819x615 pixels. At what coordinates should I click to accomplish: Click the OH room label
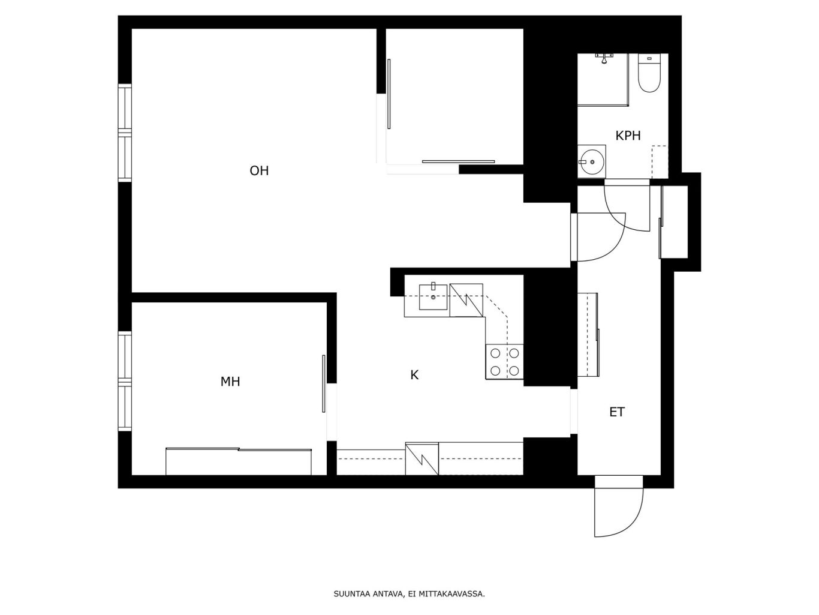click(x=259, y=170)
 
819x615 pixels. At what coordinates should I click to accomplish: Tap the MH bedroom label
click(x=230, y=381)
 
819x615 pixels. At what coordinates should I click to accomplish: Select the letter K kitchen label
click(x=414, y=375)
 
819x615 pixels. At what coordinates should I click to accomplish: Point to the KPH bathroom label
click(x=628, y=136)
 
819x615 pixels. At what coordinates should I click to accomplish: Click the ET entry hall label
click(x=617, y=412)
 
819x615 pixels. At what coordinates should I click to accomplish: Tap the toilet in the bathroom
click(x=649, y=73)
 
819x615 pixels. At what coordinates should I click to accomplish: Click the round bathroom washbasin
click(x=591, y=162)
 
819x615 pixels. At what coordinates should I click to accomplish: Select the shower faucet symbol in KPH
click(x=604, y=58)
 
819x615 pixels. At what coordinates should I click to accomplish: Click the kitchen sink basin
click(x=433, y=297)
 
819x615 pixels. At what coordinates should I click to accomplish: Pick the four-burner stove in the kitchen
click(x=504, y=362)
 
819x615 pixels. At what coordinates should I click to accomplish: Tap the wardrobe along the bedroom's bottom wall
click(x=239, y=461)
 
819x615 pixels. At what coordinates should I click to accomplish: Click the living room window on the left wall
click(x=125, y=133)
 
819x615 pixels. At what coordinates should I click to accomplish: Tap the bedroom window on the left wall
click(x=125, y=381)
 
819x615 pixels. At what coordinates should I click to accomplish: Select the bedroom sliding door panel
click(x=324, y=383)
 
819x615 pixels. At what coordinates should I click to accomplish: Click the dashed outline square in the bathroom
click(x=660, y=162)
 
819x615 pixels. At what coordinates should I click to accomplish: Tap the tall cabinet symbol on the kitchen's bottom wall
click(x=422, y=459)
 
